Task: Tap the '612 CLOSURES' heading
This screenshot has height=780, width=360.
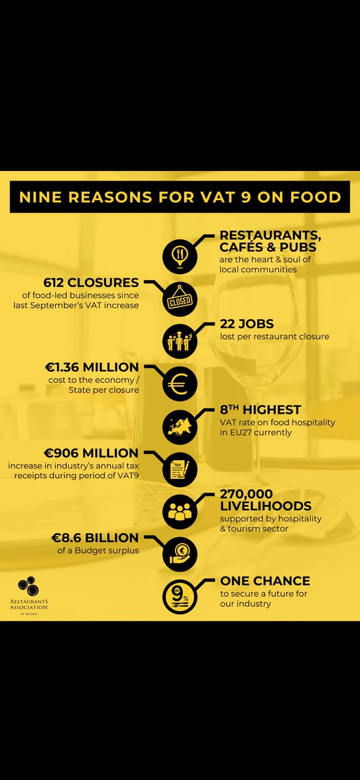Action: pos(91,283)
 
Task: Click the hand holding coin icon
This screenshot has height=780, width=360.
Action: pos(180,551)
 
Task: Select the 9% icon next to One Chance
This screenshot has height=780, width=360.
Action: pos(180,593)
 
